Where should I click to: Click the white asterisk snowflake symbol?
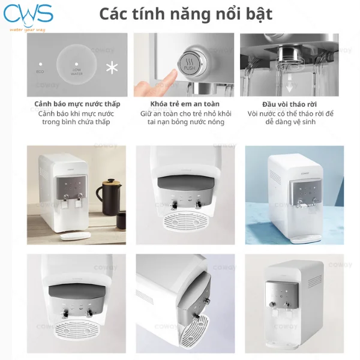click(111, 68)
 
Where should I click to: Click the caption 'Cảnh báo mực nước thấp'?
click(77, 104)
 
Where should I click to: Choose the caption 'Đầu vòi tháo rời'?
click(289, 104)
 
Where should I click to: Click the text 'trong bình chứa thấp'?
click(77, 122)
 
